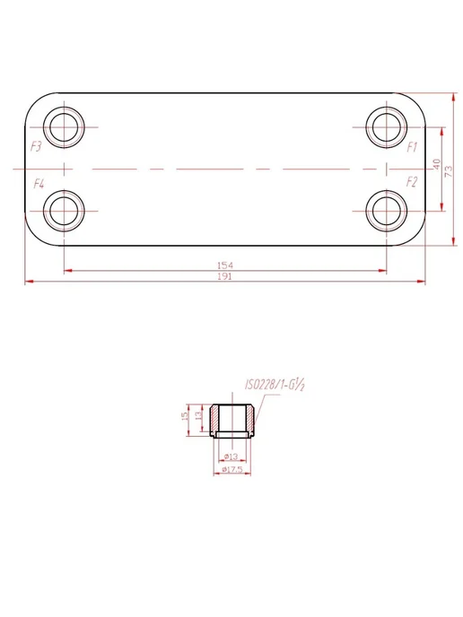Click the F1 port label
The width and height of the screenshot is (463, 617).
(412, 147)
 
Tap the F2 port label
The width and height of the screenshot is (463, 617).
(412, 182)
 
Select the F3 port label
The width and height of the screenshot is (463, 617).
(36, 147)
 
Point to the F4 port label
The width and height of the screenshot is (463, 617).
(39, 183)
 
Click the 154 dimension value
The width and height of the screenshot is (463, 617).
(225, 265)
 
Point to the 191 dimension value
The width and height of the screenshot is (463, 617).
(225, 276)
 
